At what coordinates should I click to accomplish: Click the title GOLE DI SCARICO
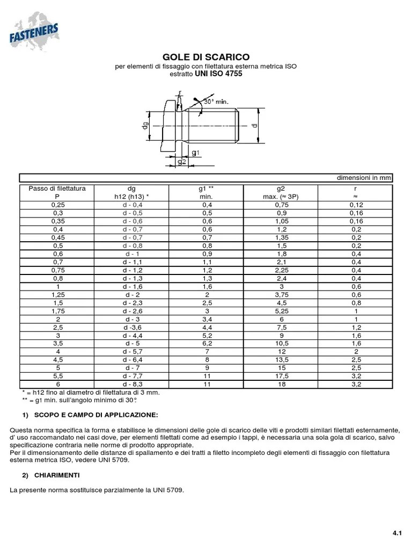pos(206,57)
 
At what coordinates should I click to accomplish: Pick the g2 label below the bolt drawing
pos(181,162)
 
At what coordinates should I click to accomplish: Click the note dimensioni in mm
pos(364,178)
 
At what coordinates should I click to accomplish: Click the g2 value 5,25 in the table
pos(281,311)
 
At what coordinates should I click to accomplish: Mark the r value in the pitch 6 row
pos(356,385)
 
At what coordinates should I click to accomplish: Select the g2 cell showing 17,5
pos(281,377)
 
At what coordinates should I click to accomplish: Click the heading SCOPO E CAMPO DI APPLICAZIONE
pos(96,416)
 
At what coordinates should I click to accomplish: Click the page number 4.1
pos(397,533)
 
